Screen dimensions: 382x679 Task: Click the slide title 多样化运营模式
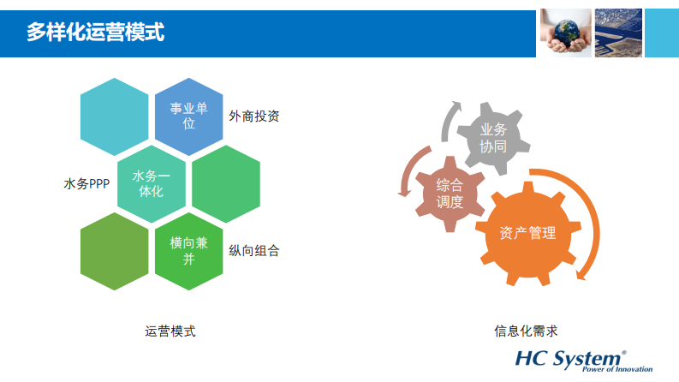coord(95,33)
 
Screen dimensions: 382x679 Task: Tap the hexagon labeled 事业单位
coord(189,116)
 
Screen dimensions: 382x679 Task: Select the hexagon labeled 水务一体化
coord(152,184)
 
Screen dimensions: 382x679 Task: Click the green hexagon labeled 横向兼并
coord(189,250)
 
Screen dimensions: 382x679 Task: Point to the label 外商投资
coord(254,116)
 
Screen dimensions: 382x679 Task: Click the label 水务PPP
coord(86,184)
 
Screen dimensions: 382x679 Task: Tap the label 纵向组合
coord(254,251)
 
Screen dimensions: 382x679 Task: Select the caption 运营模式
coord(170,331)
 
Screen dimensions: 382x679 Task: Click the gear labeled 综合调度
coord(450,194)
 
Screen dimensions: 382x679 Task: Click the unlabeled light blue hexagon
coord(113,116)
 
